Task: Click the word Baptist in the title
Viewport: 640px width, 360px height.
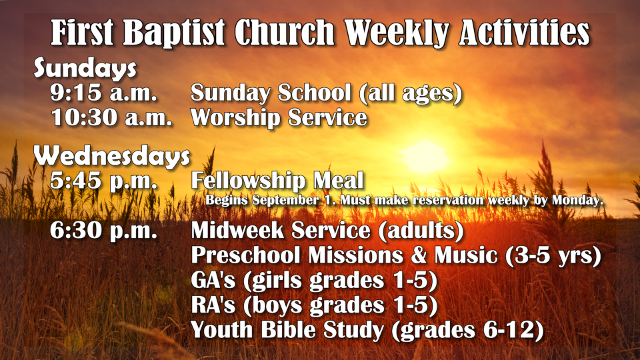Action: (173, 32)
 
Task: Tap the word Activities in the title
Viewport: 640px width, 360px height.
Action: (524, 32)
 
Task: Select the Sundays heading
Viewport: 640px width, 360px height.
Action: (85, 68)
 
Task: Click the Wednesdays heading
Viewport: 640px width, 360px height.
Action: (112, 156)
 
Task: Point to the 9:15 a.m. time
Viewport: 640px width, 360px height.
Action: (104, 93)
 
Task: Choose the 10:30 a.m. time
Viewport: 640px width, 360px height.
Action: (111, 117)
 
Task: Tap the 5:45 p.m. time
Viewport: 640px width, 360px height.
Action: (104, 181)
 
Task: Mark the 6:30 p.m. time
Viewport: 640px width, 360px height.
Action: (104, 230)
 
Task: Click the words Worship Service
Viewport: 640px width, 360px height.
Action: (279, 117)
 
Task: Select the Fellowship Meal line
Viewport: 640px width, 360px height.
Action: (277, 180)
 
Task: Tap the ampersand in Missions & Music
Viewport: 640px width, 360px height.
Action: (419, 255)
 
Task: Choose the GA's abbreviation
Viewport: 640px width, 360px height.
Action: (213, 281)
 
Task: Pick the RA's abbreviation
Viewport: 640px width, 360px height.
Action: (213, 305)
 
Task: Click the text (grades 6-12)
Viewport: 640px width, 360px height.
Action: (467, 330)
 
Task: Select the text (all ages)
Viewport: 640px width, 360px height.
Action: (411, 93)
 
